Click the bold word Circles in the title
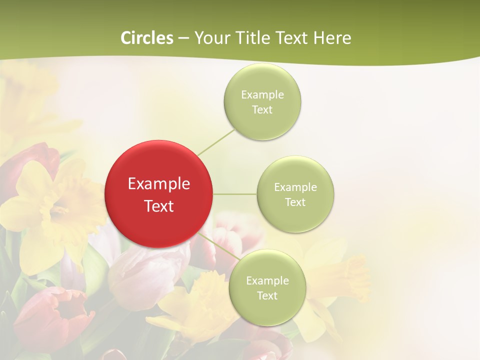pos(147,38)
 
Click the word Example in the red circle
pos(159,184)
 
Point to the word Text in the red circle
pos(159,206)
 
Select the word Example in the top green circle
pos(262,95)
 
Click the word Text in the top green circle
pos(262,110)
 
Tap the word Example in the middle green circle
pos(295,187)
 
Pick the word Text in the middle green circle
pos(295,202)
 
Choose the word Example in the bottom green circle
pos(267,281)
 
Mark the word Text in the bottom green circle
pos(267,296)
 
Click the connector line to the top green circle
pos(216,142)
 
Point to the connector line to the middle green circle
pos(235,194)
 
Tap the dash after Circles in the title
pos(183,38)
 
